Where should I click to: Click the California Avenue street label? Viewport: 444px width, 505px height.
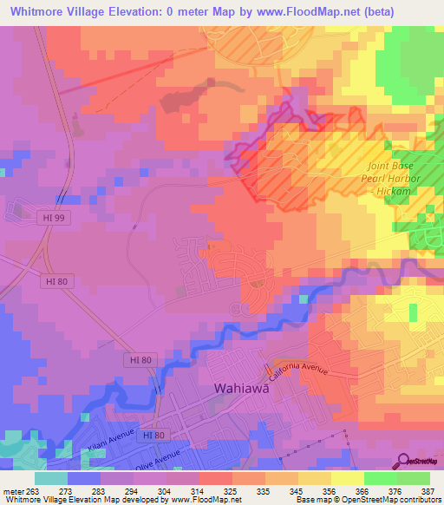298,370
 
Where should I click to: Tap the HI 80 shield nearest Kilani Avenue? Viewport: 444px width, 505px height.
152,433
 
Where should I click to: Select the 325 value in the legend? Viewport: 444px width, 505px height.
230,490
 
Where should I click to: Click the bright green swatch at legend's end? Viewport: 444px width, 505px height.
414,478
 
